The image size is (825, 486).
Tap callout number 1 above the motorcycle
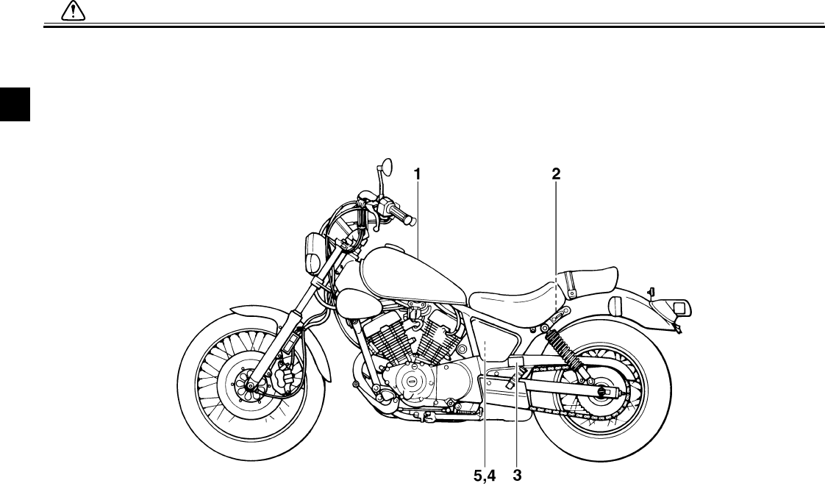pyautogui.click(x=417, y=174)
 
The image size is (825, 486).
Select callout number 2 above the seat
pyautogui.click(x=556, y=174)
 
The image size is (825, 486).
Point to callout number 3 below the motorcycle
pyautogui.click(x=517, y=476)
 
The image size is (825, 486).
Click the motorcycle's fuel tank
pyautogui.click(x=412, y=276)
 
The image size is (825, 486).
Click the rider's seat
pyautogui.click(x=511, y=299)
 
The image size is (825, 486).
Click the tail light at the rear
pyautogui.click(x=676, y=305)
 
